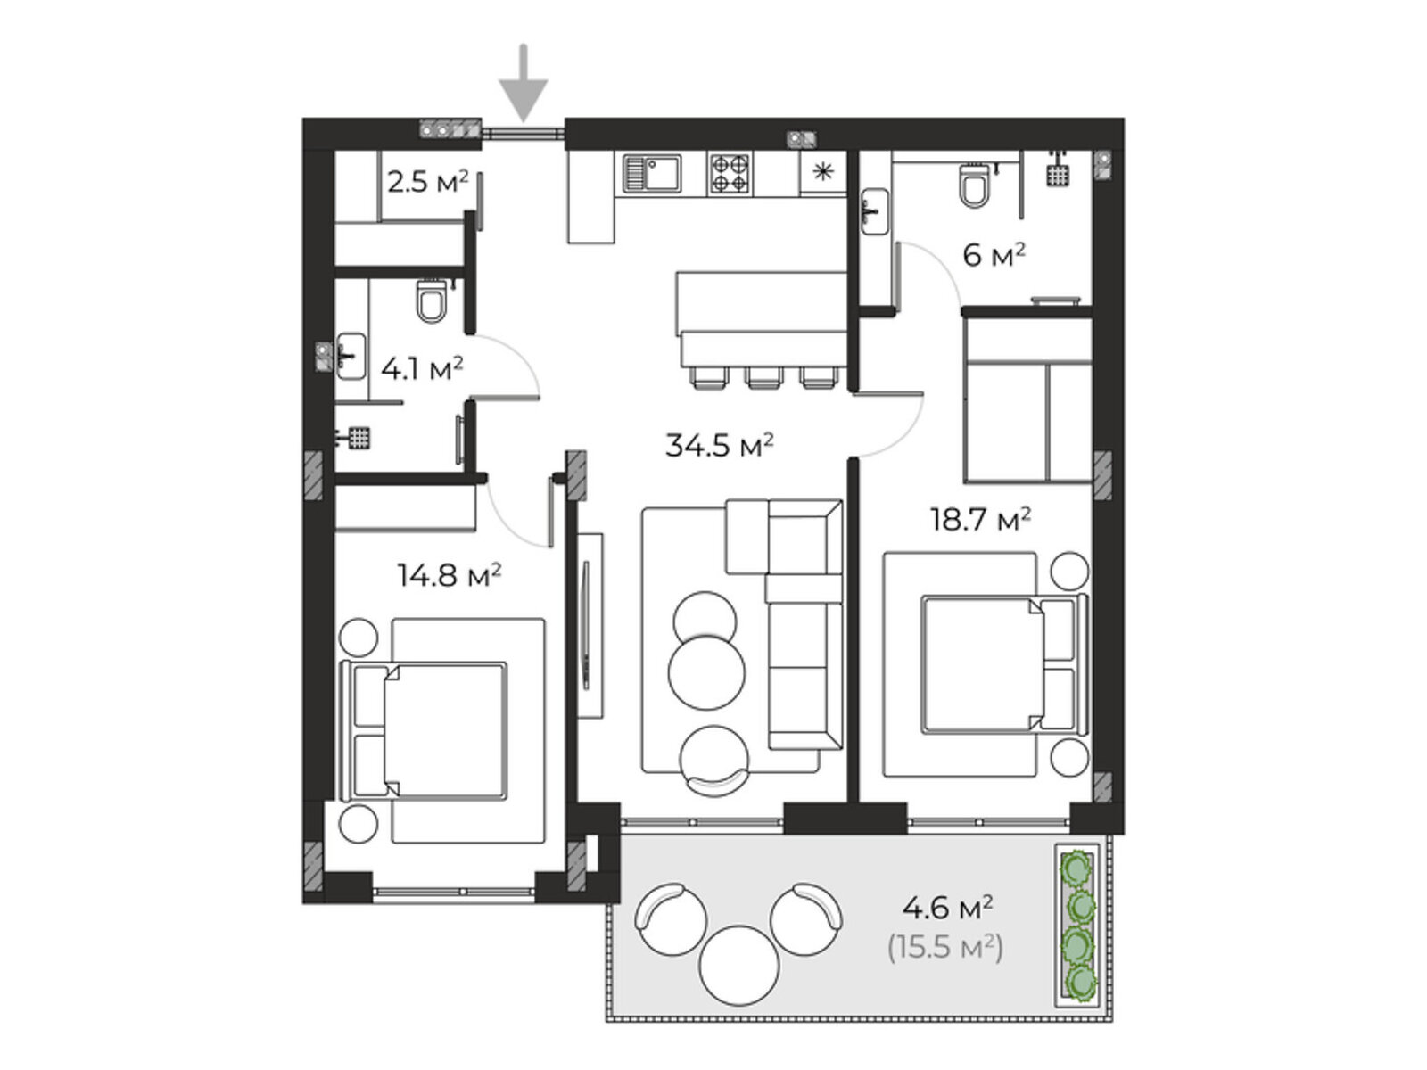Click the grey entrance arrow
coord(523,83)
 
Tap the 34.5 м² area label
coord(719,446)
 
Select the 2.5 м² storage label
coord(428,182)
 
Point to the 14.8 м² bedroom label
coord(450,575)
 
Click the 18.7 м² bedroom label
coord(980,519)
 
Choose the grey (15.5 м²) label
coord(945,948)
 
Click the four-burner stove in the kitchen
coord(730,174)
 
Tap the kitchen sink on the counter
coord(652,174)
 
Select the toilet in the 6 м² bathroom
coord(974,185)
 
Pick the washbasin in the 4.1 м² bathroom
coord(351,356)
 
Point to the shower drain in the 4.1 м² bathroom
coord(359,437)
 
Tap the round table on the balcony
coord(739,965)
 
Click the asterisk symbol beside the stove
coord(823,172)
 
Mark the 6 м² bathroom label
coord(994,255)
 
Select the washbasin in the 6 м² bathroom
coord(875,211)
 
